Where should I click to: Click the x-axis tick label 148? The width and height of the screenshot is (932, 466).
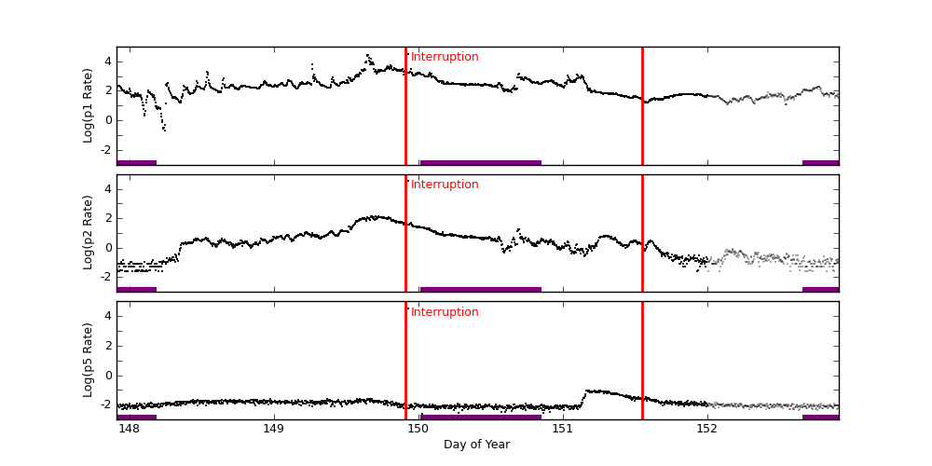(x=129, y=430)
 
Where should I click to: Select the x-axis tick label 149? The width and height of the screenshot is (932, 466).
(x=273, y=430)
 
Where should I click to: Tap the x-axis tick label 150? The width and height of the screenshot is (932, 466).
(x=418, y=430)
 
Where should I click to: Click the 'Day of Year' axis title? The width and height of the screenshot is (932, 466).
(x=476, y=445)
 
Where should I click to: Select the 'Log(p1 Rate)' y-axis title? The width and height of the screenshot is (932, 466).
(x=89, y=105)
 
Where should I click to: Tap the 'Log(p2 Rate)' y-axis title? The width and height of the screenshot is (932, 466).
(x=89, y=233)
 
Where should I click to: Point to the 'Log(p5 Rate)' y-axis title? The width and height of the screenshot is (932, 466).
(x=89, y=360)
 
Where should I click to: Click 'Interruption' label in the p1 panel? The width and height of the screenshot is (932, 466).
(x=445, y=57)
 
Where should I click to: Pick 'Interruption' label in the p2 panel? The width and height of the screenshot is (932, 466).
(x=445, y=185)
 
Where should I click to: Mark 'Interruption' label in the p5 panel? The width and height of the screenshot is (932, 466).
(x=445, y=312)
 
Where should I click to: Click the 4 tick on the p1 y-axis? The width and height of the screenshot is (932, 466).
(x=107, y=62)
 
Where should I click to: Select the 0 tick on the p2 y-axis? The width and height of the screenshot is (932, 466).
(x=107, y=248)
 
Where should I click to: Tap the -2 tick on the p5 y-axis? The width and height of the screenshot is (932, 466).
(x=105, y=405)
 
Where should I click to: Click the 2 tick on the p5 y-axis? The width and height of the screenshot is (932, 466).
(x=107, y=346)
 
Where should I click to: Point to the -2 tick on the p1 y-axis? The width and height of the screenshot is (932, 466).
(x=105, y=150)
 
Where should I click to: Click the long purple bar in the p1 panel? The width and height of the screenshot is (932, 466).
(x=480, y=162)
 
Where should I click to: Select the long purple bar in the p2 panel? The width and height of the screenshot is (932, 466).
(x=480, y=289)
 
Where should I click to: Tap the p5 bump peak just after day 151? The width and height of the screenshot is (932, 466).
(x=590, y=391)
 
